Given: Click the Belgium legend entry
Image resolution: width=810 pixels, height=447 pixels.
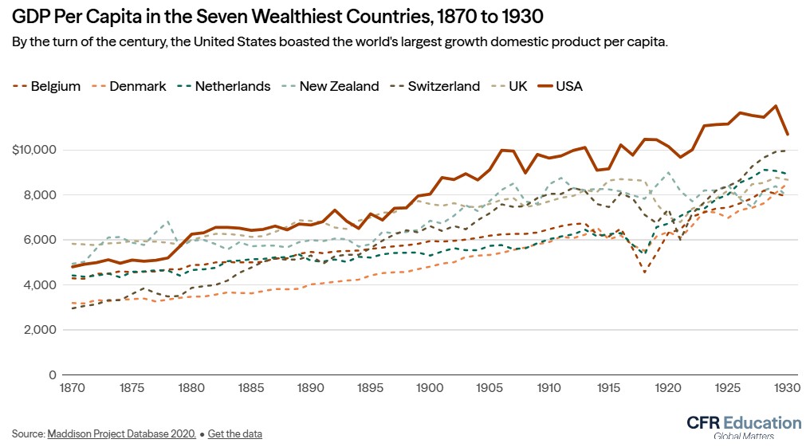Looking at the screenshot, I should coord(55,86).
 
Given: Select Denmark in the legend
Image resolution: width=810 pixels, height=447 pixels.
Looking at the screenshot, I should coord(137,86).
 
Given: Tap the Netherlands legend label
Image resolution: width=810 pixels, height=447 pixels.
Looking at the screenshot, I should coord(232,86).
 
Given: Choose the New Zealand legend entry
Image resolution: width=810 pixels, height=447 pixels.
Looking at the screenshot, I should coord(339,86).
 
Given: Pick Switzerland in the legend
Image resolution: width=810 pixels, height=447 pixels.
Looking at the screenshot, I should coord(443,86).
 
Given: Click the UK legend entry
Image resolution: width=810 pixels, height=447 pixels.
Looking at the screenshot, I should coord(519,86).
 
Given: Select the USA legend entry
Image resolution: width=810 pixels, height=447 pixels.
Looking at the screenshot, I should coord(569,86).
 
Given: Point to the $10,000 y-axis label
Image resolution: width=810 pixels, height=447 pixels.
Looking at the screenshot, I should coord(33,150).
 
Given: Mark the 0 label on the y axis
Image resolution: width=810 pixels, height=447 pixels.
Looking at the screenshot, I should coord(52,374).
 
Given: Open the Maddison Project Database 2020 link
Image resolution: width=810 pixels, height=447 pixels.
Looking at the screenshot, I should coord(121,434).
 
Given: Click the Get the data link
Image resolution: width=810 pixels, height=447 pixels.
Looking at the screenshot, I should coord(234,434).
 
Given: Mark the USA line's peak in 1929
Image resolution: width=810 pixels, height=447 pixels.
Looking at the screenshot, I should coord(776,105).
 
